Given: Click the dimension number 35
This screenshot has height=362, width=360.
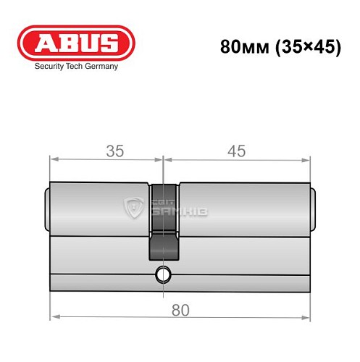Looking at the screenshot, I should [114, 151].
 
